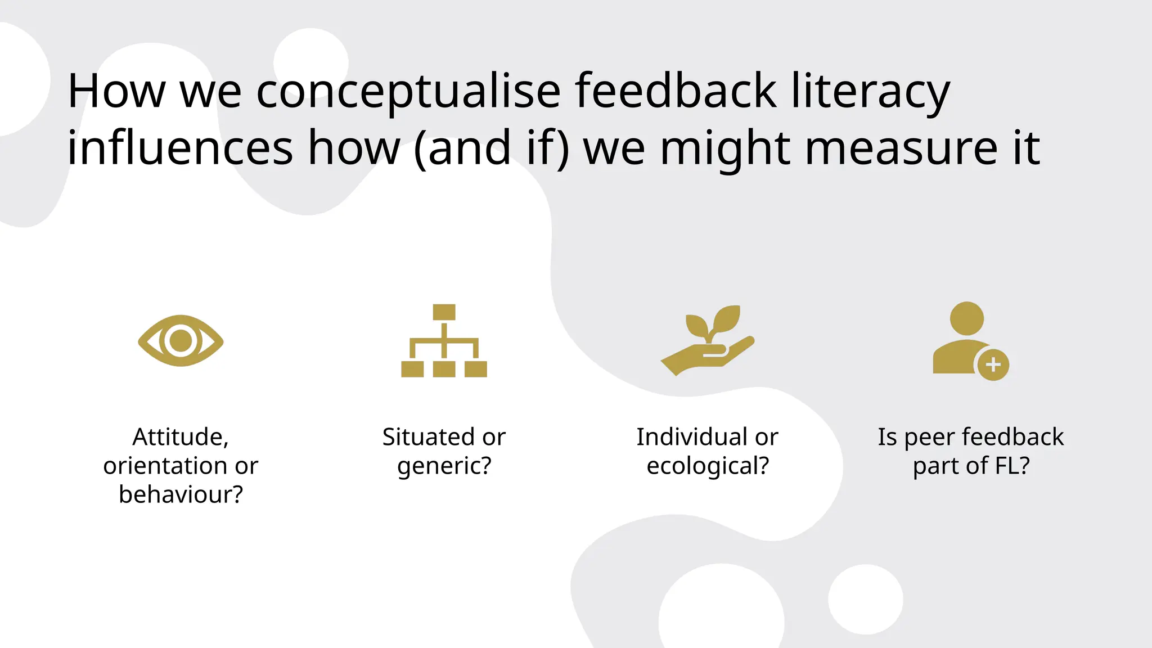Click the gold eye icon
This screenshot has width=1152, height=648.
[181, 340]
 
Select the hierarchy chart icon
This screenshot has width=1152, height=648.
[444, 341]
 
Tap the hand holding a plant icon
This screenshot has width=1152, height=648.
[707, 341]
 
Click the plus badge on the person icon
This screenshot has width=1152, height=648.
[993, 364]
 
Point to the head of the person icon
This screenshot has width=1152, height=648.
[966, 318]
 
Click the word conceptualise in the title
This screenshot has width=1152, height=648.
[408, 91]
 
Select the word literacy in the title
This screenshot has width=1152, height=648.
[870, 91]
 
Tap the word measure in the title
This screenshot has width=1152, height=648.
[901, 148]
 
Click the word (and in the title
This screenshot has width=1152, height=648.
[462, 148]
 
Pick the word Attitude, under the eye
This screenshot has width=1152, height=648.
[181, 437]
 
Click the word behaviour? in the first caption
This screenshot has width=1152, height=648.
[181, 494]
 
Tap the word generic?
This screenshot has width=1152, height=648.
[444, 466]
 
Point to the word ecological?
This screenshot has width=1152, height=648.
[708, 466]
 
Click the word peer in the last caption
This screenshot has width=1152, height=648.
[929, 437]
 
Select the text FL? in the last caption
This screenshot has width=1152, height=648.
[1012, 466]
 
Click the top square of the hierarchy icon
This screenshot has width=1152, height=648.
[444, 312]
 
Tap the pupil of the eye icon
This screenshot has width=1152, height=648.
[181, 340]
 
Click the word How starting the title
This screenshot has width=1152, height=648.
[116, 91]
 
